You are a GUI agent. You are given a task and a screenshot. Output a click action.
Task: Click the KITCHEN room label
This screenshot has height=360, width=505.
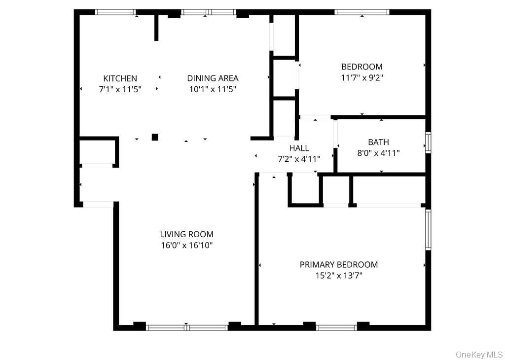coord(120,78)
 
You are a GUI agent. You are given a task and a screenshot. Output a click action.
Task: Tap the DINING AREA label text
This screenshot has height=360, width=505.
coord(213,78)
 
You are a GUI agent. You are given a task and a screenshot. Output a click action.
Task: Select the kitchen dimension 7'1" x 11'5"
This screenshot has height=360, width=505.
coord(120,89)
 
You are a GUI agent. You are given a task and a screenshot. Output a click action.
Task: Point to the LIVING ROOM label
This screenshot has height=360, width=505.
coord(187,234)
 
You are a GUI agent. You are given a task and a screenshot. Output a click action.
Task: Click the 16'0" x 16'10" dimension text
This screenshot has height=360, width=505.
coord(187,246)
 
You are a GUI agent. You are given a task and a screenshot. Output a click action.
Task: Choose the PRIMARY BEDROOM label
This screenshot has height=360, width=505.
coord(339,265)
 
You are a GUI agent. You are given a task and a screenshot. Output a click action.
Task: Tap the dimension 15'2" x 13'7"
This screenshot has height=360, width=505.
coord(339,276)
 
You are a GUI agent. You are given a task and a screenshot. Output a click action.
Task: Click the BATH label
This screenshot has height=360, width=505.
coord(378,142)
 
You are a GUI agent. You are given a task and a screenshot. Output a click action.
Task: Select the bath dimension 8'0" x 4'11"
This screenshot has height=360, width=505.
coord(378,153)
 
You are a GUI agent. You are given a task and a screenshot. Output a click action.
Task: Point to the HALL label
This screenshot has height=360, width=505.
coord(299,148)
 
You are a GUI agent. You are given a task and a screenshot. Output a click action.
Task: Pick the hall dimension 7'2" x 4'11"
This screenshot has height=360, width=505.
coord(299,159)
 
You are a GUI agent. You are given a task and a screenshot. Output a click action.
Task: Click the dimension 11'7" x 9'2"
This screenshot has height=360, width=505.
coord(362,77)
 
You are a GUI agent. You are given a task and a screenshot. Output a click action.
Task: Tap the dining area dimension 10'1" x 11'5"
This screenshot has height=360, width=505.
coord(213,89)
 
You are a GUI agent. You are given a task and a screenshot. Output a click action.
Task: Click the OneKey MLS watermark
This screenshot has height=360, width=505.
coord(479,355)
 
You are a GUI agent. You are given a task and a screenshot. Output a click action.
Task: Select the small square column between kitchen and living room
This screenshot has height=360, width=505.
coord(155,137)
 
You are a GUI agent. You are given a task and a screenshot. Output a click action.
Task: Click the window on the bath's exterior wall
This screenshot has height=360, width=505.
coord(428,143)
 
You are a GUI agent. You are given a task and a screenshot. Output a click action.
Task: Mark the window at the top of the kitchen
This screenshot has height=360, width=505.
coord(115,12)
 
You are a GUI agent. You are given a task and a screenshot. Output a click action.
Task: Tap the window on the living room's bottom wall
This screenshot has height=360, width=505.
coord(187,328)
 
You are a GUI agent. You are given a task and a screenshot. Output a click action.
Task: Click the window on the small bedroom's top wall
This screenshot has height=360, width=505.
coord(361,12)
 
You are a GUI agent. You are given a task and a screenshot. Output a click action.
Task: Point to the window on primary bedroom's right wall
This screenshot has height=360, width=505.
coord(428,230)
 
